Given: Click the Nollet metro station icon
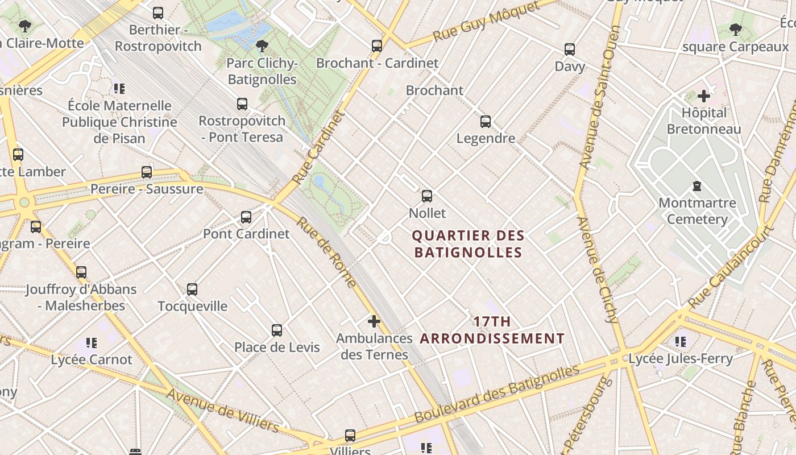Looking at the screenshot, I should pyautogui.click(x=427, y=196).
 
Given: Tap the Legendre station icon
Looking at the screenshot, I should pyautogui.click(x=486, y=121).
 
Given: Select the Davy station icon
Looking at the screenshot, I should pyautogui.click(x=570, y=49).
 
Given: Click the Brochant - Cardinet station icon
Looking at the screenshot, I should pyautogui.click(x=377, y=46).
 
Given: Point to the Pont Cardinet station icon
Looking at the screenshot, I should pyautogui.click(x=246, y=217).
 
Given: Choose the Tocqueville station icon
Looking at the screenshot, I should pyautogui.click(x=192, y=289).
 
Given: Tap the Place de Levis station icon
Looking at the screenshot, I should pyautogui.click(x=277, y=330).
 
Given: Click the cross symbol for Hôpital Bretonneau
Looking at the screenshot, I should pyautogui.click(x=704, y=96).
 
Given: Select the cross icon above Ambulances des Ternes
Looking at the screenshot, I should pyautogui.click(x=374, y=321).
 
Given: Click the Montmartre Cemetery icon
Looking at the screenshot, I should pyautogui.click(x=696, y=186).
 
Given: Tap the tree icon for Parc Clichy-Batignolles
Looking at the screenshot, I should pyautogui.click(x=262, y=46).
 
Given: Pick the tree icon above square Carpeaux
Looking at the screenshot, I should pyautogui.click(x=735, y=30).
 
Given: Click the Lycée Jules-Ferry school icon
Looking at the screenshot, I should pyautogui.click(x=681, y=342).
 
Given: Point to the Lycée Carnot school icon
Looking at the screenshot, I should pyautogui.click(x=92, y=342).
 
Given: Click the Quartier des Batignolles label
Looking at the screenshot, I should pyautogui.click(x=468, y=243).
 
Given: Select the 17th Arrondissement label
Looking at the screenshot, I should pyautogui.click(x=492, y=330).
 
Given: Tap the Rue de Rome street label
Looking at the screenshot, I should pyautogui.click(x=326, y=253).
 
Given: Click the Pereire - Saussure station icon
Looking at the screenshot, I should pyautogui.click(x=147, y=172).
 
